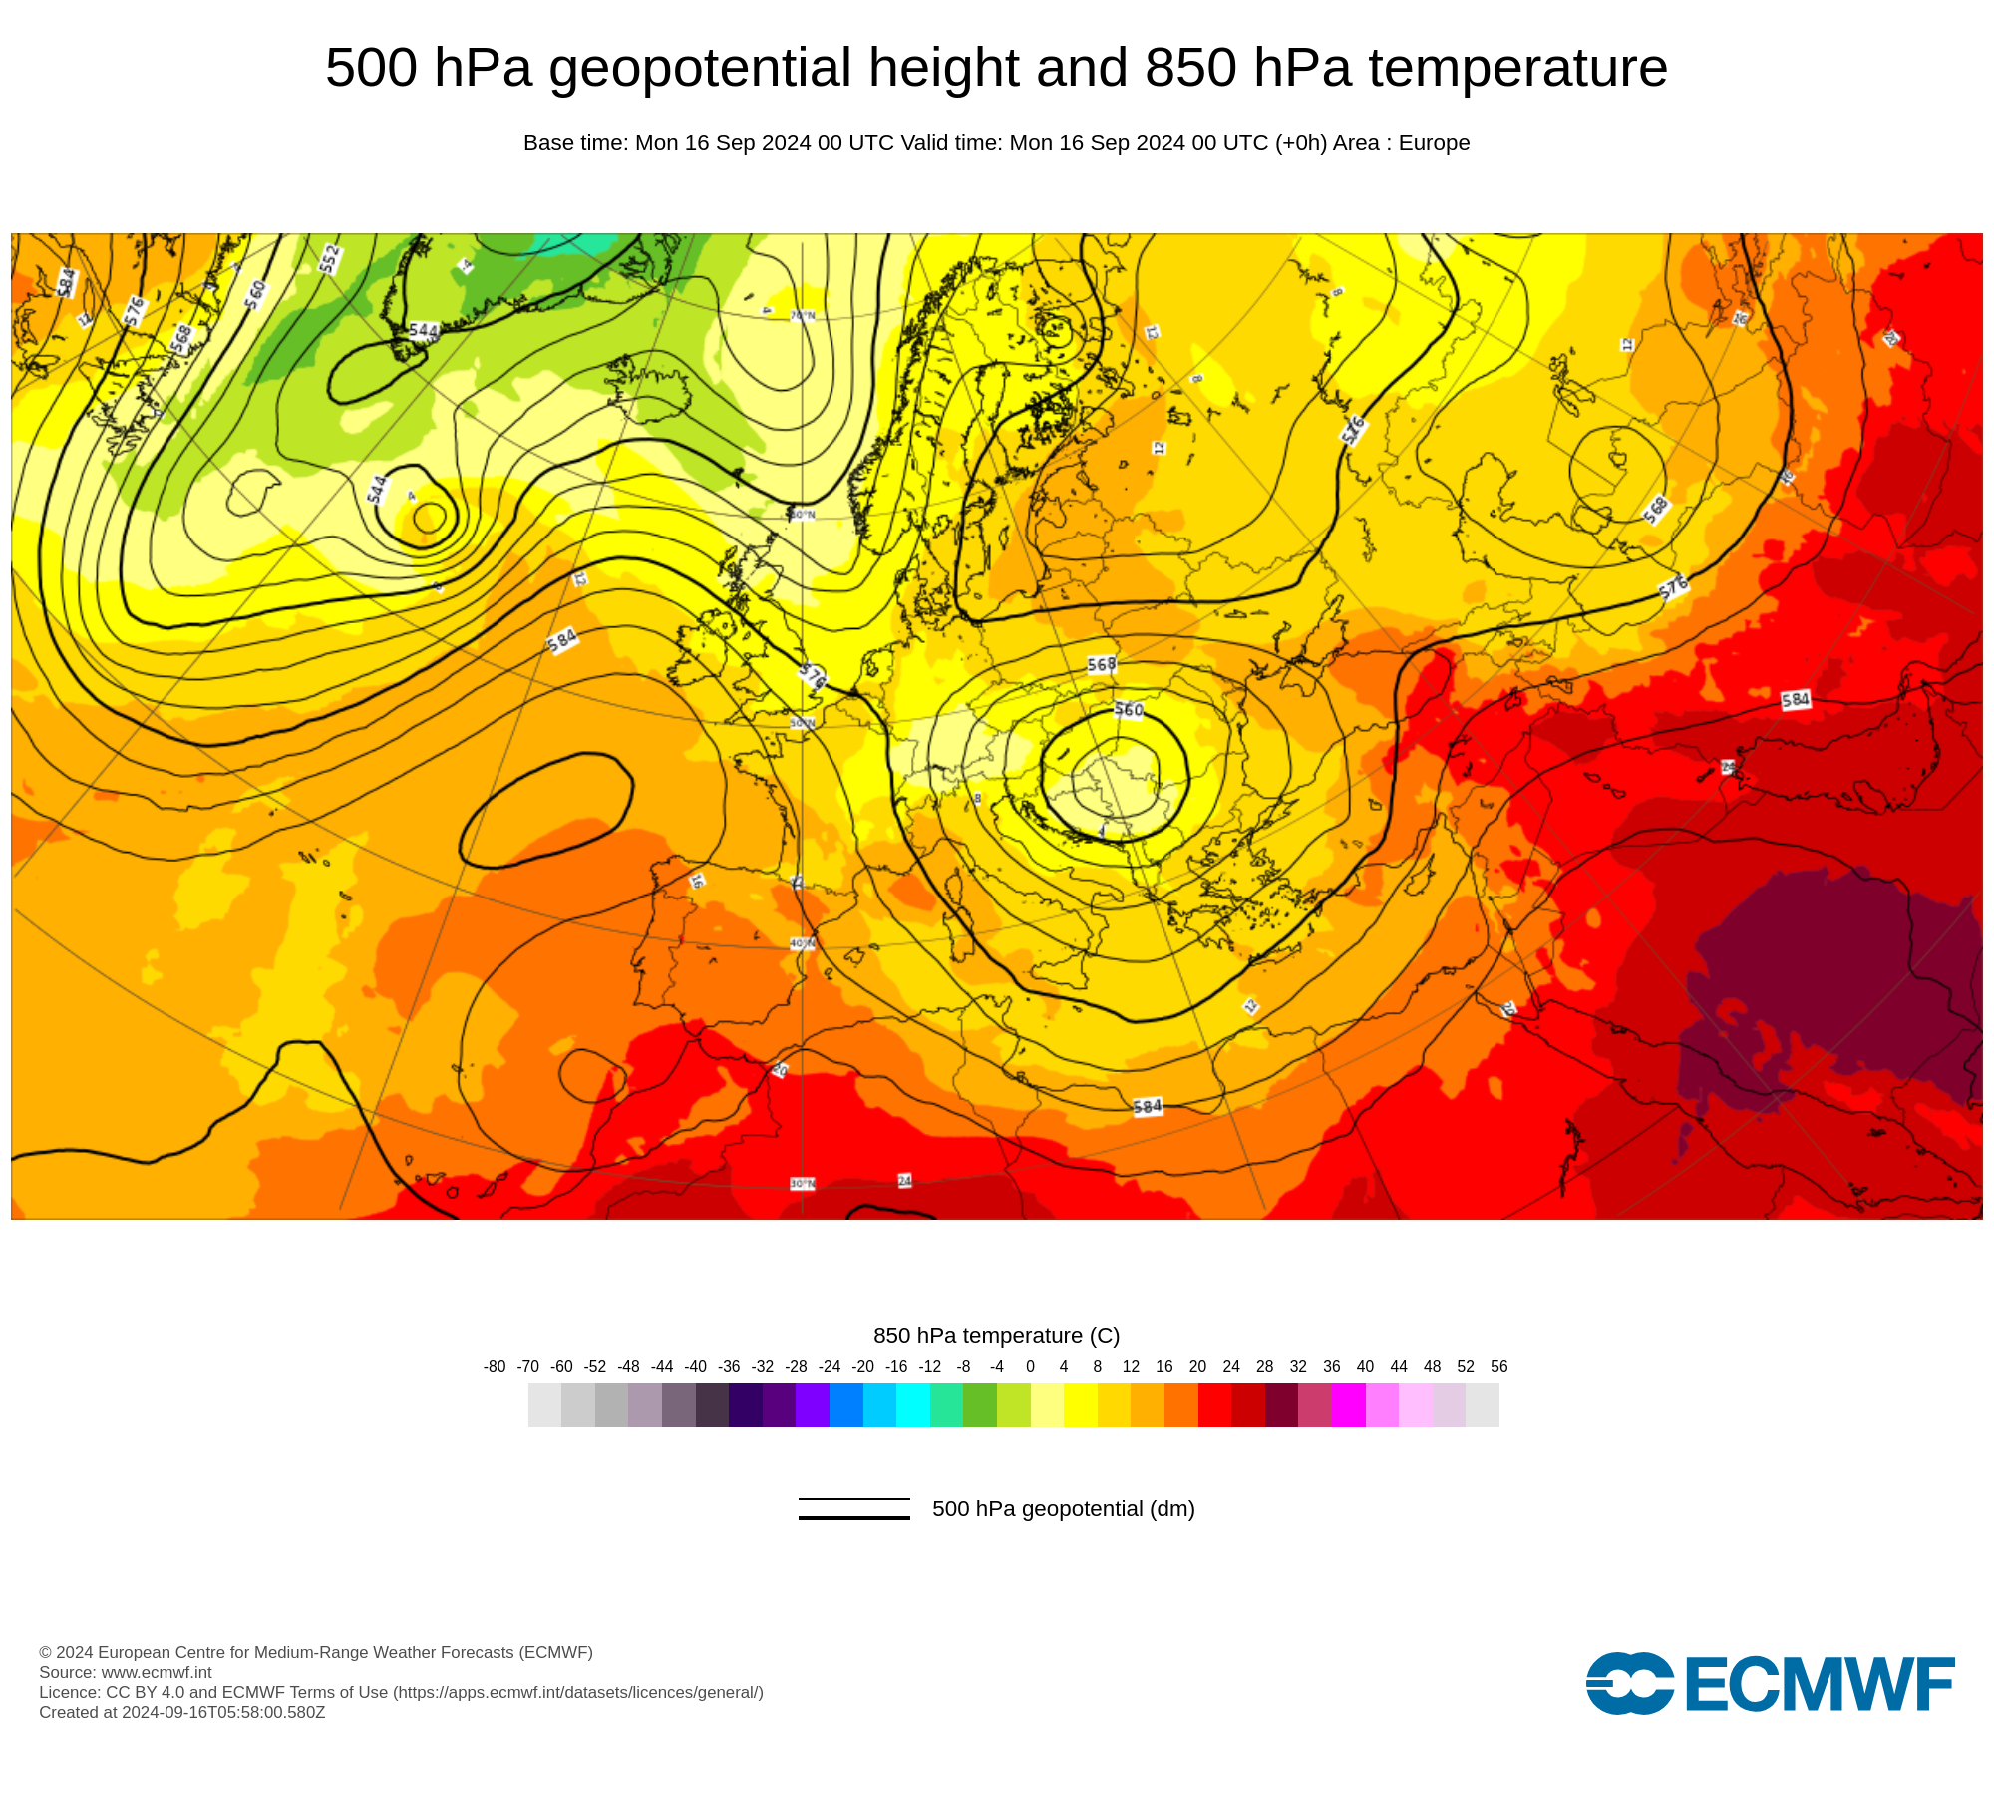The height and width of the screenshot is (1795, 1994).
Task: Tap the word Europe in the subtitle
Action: [x=1434, y=143]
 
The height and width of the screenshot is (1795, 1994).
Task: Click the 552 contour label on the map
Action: [x=330, y=258]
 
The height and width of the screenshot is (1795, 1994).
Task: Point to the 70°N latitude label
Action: [x=803, y=315]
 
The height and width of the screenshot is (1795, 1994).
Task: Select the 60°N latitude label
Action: [x=803, y=515]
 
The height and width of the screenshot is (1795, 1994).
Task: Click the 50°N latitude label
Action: [x=803, y=723]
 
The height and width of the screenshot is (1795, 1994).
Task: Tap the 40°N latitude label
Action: [x=803, y=943]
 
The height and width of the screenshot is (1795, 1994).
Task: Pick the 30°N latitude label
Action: [x=803, y=1184]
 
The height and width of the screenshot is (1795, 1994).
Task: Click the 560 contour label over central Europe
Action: [x=1129, y=710]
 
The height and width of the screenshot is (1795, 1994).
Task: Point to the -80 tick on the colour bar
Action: [x=495, y=1367]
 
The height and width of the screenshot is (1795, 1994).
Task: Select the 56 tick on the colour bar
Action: [x=1498, y=1367]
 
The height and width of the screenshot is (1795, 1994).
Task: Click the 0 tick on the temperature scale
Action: [x=1030, y=1367]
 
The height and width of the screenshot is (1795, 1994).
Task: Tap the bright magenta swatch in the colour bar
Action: [x=1348, y=1405]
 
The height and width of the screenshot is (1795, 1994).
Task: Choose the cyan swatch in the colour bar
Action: [x=912, y=1405]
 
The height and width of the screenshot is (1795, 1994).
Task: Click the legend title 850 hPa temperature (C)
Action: [x=996, y=1336]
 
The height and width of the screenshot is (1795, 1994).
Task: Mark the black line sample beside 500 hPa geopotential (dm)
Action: [x=853, y=1509]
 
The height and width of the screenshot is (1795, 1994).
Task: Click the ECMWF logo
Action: [x=1770, y=1684]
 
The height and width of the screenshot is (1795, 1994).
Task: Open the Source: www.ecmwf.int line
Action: [x=126, y=1672]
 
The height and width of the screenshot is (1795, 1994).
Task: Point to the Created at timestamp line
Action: [x=182, y=1712]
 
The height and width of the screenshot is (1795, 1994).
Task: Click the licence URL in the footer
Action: [x=578, y=1692]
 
